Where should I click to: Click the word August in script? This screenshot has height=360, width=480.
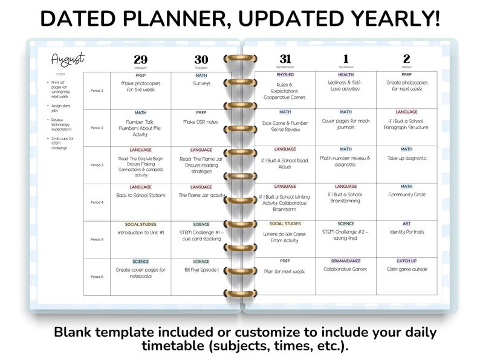67,59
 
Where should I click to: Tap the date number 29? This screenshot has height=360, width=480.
140,59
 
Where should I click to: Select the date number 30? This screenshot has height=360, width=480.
201,59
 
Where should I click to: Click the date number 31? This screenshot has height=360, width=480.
285,59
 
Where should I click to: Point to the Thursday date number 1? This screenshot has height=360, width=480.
346,59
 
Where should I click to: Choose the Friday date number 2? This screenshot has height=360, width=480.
406,59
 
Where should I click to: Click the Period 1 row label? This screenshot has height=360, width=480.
97,91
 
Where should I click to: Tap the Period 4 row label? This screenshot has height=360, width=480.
97,202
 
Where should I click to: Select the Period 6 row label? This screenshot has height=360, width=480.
97,277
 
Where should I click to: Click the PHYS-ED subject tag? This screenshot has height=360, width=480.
285,75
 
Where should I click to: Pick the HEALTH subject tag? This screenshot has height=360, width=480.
346,75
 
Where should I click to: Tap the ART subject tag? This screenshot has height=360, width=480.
406,224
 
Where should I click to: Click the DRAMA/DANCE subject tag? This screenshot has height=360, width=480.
346,261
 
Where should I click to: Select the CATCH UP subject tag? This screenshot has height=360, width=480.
406,261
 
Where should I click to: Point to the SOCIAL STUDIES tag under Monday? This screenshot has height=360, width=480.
140,224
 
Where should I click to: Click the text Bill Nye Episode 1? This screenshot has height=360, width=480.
201,269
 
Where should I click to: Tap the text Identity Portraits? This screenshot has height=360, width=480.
406,232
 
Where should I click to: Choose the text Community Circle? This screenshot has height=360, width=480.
406,194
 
